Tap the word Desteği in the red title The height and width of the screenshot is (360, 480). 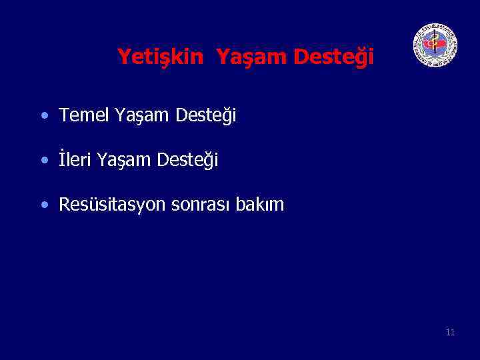point(333,58)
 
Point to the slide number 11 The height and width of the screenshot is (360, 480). point(450,332)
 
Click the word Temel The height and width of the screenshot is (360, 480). point(85,116)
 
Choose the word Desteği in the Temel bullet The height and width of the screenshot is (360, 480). point(206,117)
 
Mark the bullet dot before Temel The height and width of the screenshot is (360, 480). point(44,117)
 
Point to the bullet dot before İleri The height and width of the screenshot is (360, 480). point(44,161)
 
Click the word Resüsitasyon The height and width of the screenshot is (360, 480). point(113,205)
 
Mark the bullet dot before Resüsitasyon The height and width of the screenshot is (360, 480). point(44,205)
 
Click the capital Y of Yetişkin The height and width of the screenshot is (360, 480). point(123,57)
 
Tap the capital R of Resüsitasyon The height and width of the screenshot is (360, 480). point(64,205)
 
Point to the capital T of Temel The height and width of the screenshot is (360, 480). point(64,116)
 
